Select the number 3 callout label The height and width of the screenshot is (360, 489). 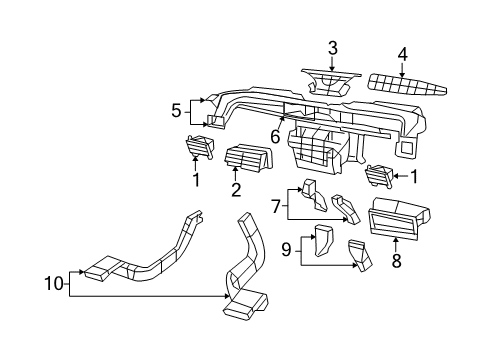333,47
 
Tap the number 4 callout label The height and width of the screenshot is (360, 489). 402,53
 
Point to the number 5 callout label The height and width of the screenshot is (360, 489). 176,110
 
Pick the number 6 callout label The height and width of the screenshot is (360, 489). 273,136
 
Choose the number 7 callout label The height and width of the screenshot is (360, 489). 277,207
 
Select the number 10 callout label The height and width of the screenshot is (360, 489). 54,286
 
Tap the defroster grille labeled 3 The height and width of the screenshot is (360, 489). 331,79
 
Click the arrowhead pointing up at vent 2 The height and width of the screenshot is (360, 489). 237,173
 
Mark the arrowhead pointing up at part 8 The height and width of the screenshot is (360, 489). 397,237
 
